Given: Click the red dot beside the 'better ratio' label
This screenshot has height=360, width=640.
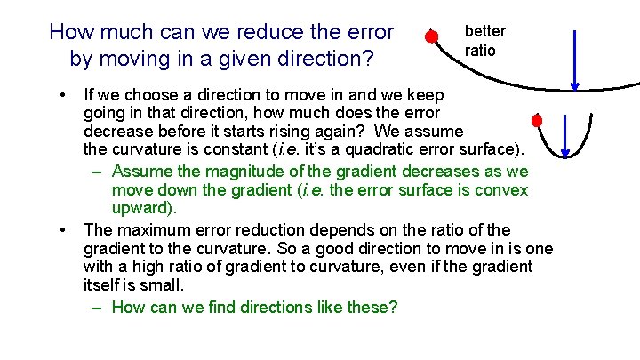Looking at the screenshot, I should (x=430, y=36).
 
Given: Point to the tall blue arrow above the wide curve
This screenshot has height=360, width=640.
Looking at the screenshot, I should (x=575, y=60).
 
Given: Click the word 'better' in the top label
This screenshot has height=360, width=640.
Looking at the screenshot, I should (x=484, y=31).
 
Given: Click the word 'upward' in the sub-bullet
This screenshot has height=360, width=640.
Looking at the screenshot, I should (x=142, y=209).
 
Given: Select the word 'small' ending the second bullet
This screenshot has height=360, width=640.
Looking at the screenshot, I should (x=162, y=284).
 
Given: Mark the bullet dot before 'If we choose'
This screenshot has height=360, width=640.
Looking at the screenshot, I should (x=63, y=94).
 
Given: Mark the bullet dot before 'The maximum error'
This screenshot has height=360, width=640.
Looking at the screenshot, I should (x=63, y=230).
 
